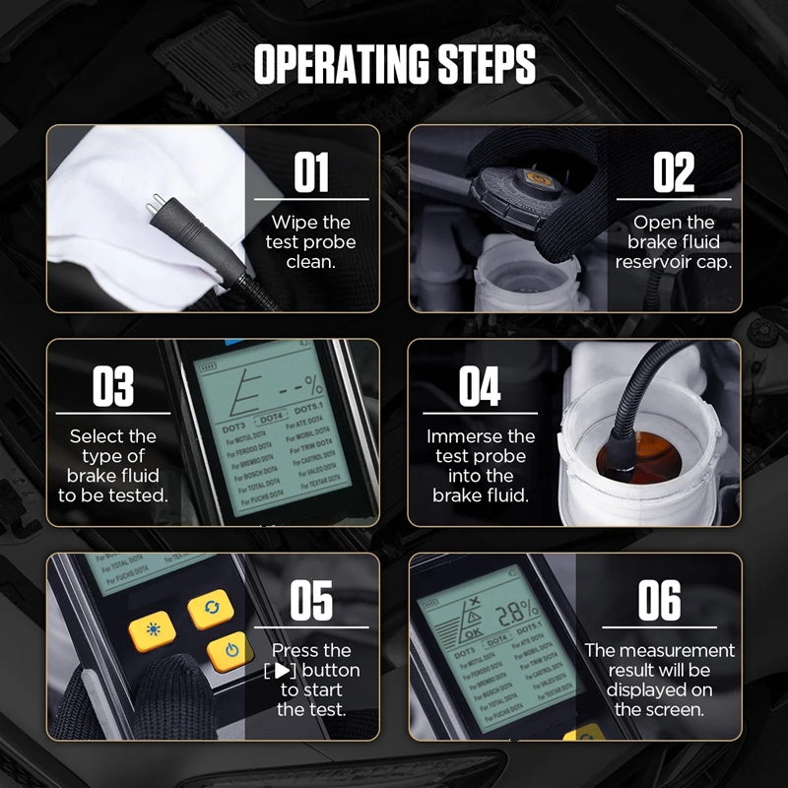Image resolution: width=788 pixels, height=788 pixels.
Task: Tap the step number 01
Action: pos(311,174)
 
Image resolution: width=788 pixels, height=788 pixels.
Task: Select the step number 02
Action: pos(674,174)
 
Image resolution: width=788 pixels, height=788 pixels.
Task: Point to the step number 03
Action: pos(113,387)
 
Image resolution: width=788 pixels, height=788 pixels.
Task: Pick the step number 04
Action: pos(480,387)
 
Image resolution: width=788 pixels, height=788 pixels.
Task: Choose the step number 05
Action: pos(311,601)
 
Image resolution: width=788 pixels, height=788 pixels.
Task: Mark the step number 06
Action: pos(659,601)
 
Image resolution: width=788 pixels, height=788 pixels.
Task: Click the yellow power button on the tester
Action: pos(230,651)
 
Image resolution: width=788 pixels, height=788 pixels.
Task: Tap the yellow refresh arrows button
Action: pos(210,607)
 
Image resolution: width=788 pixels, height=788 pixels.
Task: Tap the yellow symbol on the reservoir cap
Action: pos(537,179)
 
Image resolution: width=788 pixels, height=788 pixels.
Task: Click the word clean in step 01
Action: pos(310,262)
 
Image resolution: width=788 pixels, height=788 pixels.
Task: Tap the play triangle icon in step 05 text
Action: pos(284,671)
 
